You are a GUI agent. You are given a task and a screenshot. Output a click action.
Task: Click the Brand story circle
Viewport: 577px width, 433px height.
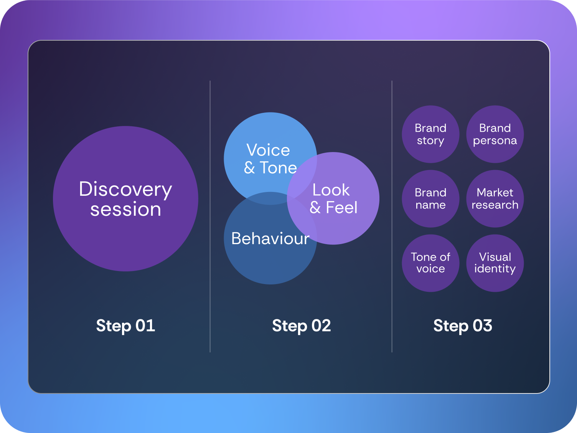430,134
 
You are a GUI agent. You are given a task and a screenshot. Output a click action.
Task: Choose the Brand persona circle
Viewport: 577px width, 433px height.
495,134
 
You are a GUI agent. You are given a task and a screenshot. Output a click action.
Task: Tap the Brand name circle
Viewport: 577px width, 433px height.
430,199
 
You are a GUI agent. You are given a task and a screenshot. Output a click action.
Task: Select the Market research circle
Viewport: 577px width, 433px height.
495,199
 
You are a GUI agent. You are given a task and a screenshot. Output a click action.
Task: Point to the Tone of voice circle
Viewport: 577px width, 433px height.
430,263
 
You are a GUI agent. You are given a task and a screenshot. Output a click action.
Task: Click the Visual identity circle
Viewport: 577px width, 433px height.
495,263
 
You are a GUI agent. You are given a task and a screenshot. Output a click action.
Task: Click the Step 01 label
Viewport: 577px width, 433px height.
125,326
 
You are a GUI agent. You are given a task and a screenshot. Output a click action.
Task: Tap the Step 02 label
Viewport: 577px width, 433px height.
301,326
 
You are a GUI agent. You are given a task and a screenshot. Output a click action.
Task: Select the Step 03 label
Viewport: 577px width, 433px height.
463,326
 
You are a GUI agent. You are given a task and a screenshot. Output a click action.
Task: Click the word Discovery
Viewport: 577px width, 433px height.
125,190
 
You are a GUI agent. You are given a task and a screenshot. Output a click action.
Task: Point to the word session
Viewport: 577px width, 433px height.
125,210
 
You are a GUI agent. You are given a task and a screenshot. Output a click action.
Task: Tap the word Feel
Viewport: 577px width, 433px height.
341,208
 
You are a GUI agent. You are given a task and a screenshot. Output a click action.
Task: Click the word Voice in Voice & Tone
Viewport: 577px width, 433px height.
268,150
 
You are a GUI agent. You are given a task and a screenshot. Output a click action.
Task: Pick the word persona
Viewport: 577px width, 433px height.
495,141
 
